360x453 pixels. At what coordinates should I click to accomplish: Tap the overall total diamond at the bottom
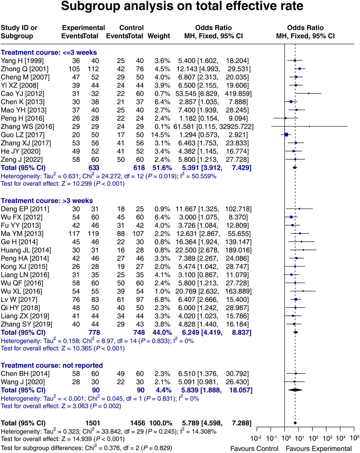click(295, 423)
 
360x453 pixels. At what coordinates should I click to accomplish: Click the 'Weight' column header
click(159, 36)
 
